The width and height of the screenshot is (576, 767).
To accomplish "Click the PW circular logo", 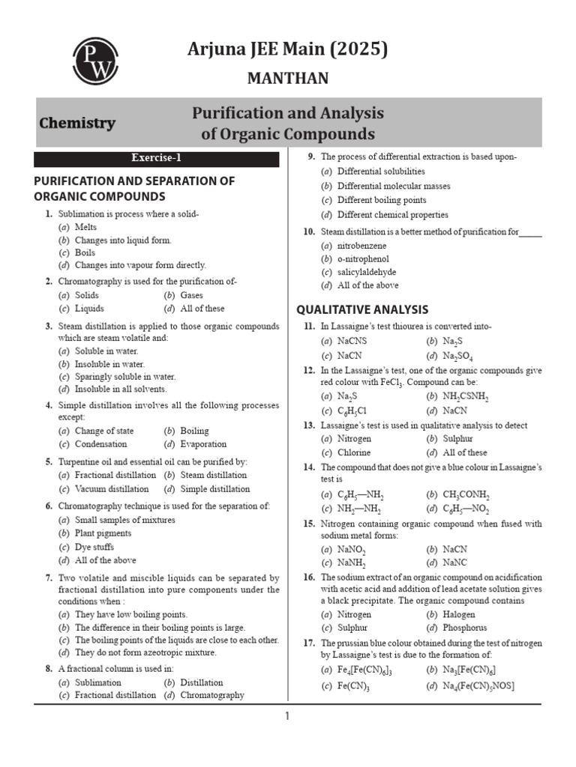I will coord(94,62).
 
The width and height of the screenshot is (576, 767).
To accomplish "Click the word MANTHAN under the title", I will coord(288,79).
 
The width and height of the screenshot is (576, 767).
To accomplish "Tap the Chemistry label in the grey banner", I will coord(77,124).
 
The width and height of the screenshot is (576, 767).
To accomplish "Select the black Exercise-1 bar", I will coord(156,158).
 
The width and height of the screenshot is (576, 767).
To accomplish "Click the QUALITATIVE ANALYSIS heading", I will coord(362,309).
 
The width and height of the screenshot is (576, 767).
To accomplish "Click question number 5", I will coord(48,462).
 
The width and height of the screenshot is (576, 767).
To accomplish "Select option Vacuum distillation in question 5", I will coord(108,489).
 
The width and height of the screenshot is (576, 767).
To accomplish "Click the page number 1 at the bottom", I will coord(287,717).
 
